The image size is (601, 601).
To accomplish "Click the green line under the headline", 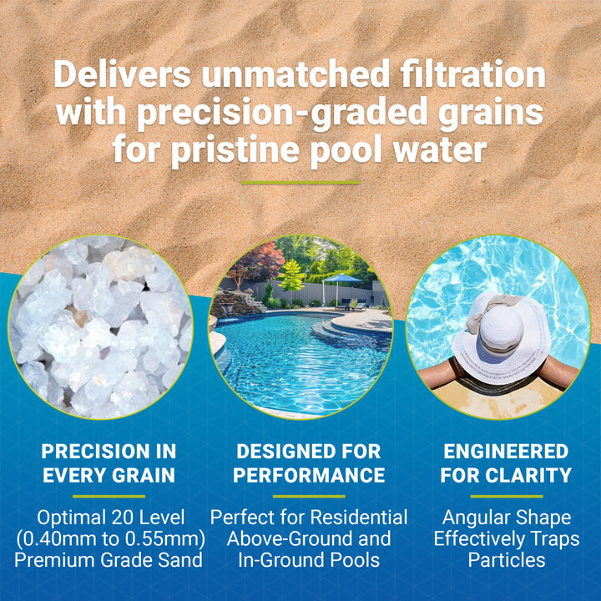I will click(x=300, y=182).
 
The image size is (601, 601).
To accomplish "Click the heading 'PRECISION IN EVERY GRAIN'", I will click(x=109, y=463).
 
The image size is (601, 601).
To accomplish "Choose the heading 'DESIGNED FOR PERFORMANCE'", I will click(x=309, y=463).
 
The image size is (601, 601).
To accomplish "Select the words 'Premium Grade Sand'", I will click(x=109, y=559).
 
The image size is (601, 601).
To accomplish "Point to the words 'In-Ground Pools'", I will click(x=309, y=559).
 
